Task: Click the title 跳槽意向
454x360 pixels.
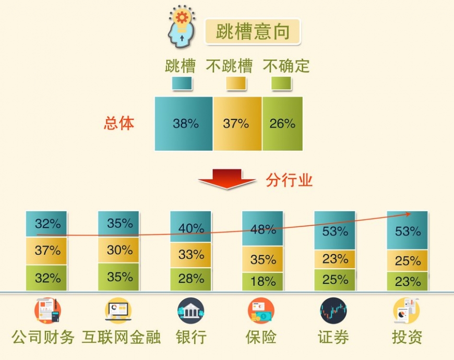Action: (253, 31)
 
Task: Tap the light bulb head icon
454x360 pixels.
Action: (182, 27)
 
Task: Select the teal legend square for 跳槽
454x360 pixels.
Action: (182, 83)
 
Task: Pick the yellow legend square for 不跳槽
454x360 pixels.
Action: (236, 83)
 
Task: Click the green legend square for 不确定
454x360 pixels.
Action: (281, 83)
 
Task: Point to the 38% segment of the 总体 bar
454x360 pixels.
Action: (184, 124)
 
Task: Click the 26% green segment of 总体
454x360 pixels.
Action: (283, 124)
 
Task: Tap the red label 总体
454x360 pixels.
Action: (119, 123)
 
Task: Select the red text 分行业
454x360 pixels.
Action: (289, 180)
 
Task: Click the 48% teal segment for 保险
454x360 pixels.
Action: (262, 229)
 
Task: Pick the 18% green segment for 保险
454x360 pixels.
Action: (262, 282)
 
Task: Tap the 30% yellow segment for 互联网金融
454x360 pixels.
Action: (118, 250)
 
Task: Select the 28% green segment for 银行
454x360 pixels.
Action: (190, 279)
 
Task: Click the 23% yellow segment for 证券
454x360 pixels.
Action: (334, 259)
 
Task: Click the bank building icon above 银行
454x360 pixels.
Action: (190, 310)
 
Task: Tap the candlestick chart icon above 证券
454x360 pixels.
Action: (333, 310)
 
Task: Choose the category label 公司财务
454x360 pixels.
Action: (43, 337)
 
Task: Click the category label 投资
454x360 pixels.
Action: (407, 337)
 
